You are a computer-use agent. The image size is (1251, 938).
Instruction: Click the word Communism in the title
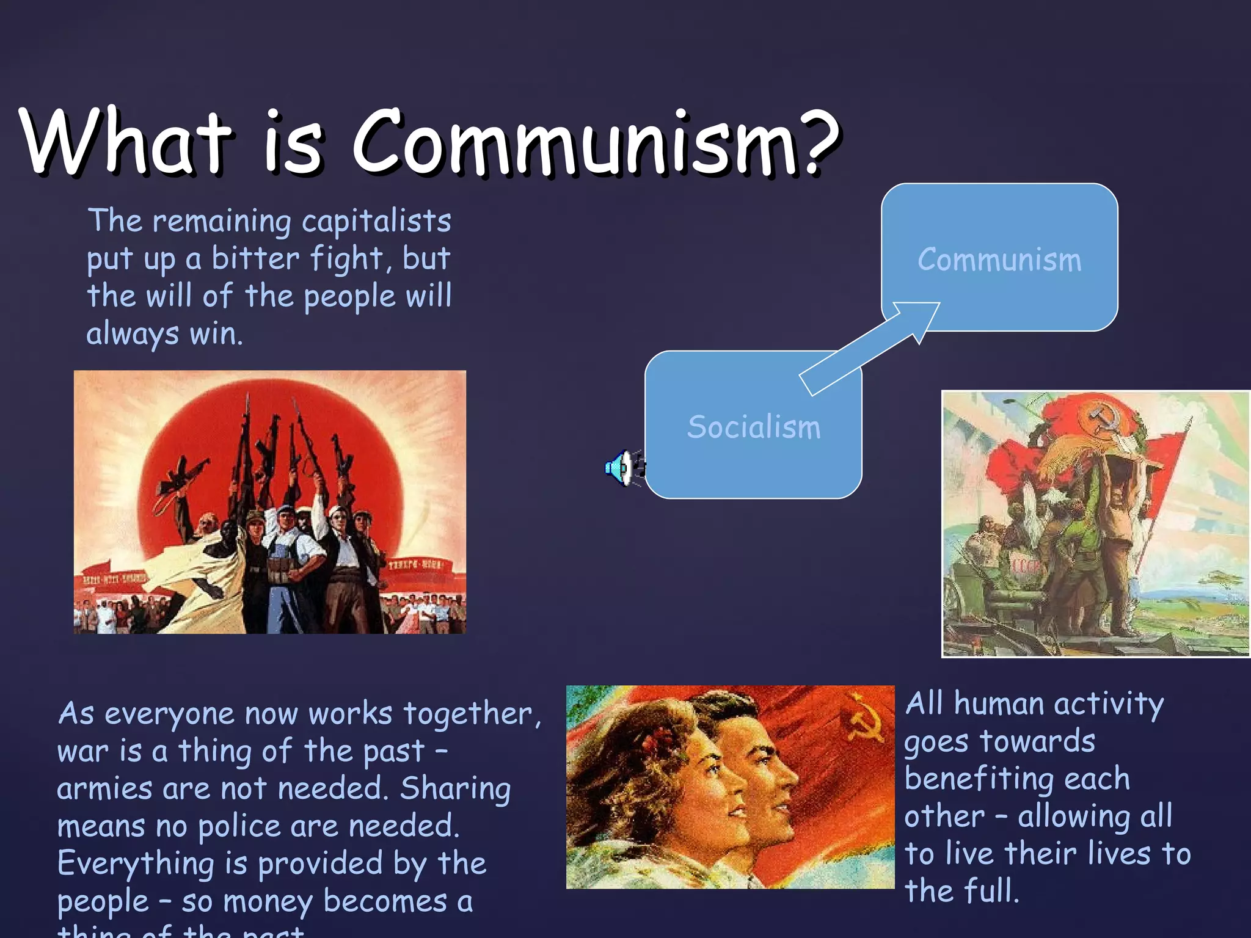[577, 144]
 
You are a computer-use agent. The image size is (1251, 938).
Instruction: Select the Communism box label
[999, 260]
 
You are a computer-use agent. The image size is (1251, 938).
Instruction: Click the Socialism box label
[754, 427]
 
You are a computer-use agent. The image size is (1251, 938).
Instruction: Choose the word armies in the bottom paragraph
[104, 790]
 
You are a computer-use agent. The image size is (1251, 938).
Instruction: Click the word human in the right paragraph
[998, 704]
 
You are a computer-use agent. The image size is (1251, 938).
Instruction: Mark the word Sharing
[456, 790]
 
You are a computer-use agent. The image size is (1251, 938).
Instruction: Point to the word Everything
[135, 865]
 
